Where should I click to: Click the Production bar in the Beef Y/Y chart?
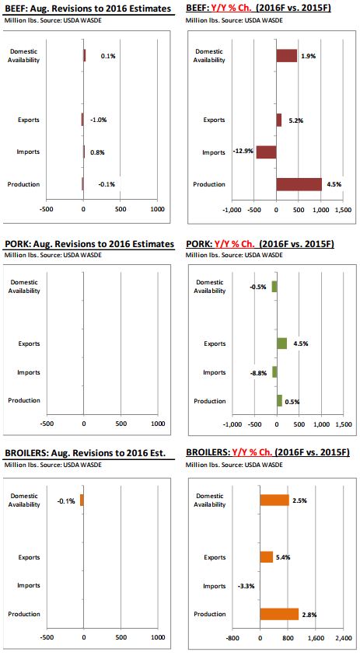point(299,184)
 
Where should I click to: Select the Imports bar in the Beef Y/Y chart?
point(266,152)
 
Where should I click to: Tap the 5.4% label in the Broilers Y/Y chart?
point(282,558)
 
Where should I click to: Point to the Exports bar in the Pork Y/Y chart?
point(281,343)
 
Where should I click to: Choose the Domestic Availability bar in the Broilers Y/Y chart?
point(274,500)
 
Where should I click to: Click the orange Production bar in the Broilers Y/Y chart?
point(279,614)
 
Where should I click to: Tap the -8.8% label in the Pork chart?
point(258,373)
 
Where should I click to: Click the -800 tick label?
point(232,637)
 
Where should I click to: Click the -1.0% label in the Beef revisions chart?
point(99,120)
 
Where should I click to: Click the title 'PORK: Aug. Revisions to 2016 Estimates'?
point(89,244)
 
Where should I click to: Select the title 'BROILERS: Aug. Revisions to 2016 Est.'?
point(85,453)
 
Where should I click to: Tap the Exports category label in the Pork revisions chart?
point(29,343)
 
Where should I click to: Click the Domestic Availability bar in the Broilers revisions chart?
point(82,500)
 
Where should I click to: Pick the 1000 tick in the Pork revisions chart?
point(158,424)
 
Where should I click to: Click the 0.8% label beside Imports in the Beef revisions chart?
point(97,152)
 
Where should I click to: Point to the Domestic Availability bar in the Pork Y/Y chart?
point(274,287)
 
